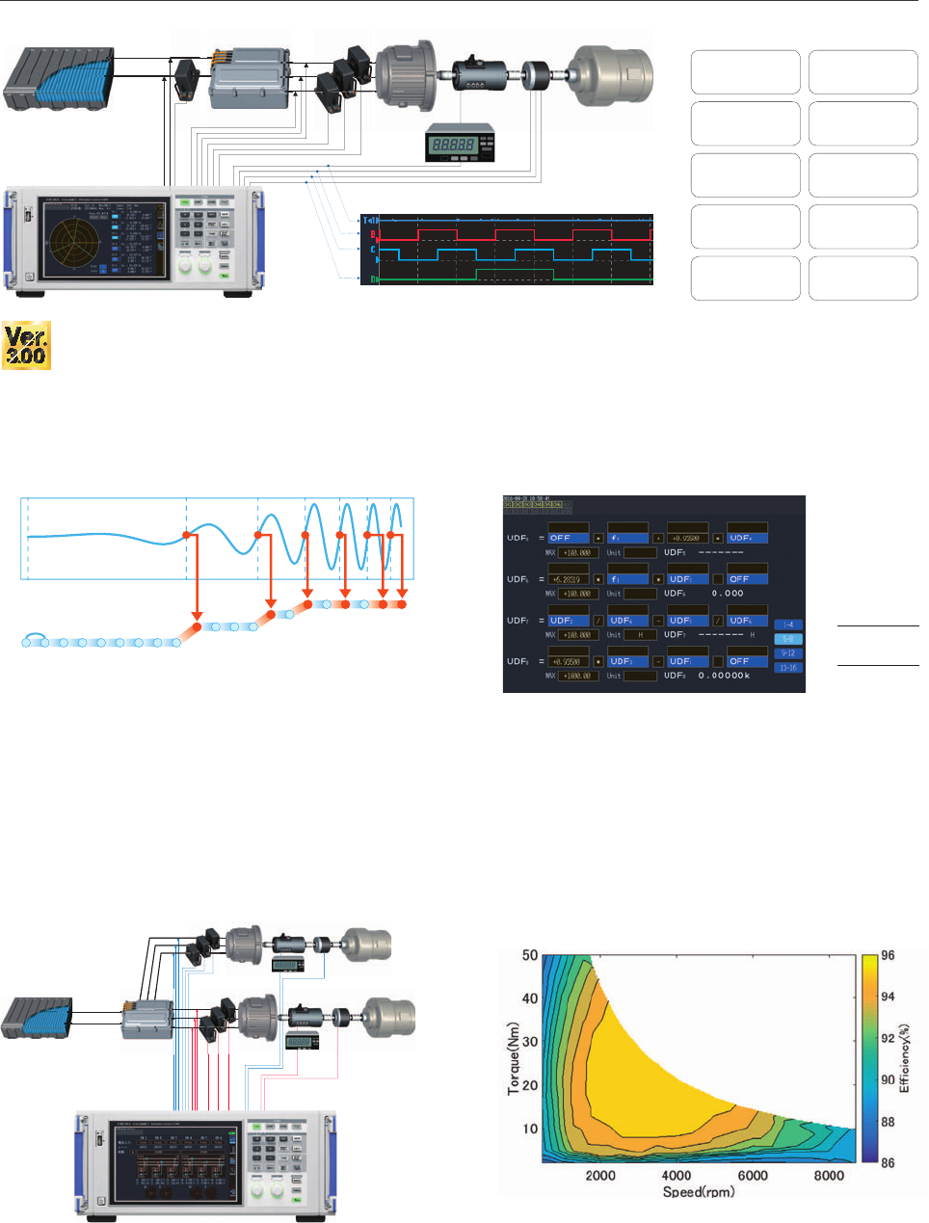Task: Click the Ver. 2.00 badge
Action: [26, 346]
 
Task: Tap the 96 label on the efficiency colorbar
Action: [888, 956]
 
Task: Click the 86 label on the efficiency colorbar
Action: [888, 1162]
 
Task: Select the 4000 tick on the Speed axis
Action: [676, 1175]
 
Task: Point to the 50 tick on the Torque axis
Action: [530, 956]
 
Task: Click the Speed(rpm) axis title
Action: [699, 1192]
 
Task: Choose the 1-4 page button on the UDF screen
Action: [788, 625]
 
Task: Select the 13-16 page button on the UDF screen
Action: [788, 667]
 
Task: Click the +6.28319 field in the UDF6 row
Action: [569, 579]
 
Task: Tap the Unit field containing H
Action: [640, 635]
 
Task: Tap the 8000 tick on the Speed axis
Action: [829, 1175]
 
